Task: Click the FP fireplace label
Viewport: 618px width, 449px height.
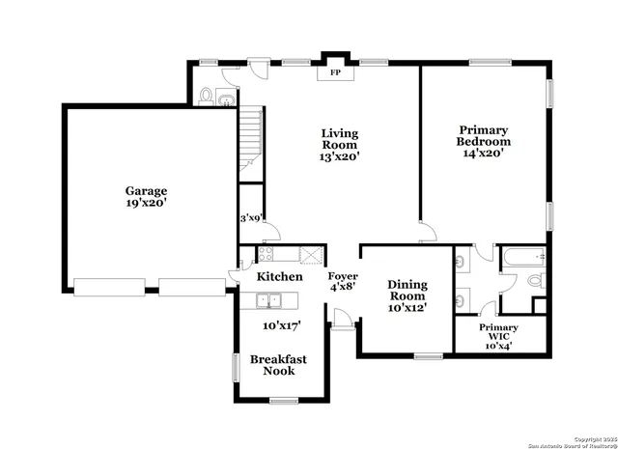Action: point(335,72)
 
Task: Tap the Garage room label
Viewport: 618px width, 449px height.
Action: point(145,197)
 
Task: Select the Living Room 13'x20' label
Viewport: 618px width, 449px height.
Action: point(340,145)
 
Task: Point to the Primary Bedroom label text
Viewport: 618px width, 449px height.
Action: point(483,141)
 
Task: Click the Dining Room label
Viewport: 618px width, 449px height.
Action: point(407,295)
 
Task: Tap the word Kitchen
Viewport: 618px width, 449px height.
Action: point(279,277)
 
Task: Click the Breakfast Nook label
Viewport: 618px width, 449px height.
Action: point(278,365)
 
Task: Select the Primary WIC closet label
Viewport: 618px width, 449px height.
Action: point(499,334)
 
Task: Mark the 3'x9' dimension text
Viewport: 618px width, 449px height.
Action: point(251,218)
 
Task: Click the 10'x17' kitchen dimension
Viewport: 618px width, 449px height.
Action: point(281,325)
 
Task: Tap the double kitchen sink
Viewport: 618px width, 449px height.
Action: point(267,301)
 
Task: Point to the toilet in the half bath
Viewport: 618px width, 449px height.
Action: point(206,97)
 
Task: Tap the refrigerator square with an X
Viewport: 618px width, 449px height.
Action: point(310,255)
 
